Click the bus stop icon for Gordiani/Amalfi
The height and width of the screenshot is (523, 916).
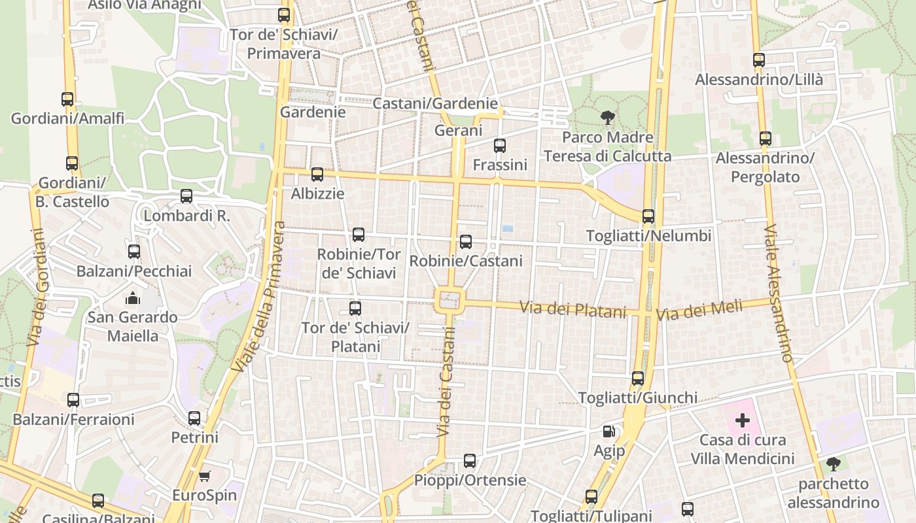(67, 99)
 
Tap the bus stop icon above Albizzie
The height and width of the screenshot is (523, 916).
(317, 175)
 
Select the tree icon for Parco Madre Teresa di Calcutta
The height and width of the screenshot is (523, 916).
(607, 118)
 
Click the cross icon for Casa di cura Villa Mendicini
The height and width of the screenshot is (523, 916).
(743, 420)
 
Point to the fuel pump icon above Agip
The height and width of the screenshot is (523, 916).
(609, 431)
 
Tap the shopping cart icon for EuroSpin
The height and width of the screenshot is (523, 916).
(204, 476)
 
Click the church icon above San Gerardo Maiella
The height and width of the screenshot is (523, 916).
(133, 298)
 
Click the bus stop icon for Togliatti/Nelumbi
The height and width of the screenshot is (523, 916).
(648, 216)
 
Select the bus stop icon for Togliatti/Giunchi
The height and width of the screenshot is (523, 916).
(638, 379)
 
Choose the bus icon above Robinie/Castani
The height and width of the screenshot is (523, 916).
(466, 242)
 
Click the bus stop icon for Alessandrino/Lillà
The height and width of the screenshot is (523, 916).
(759, 60)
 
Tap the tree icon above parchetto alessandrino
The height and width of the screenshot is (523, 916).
(833, 464)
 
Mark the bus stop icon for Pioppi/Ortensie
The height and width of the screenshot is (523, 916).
(470, 461)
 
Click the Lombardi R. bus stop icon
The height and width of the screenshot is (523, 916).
(186, 196)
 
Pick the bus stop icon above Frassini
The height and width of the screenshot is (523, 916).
(500, 146)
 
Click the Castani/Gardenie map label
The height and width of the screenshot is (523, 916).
(435, 103)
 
